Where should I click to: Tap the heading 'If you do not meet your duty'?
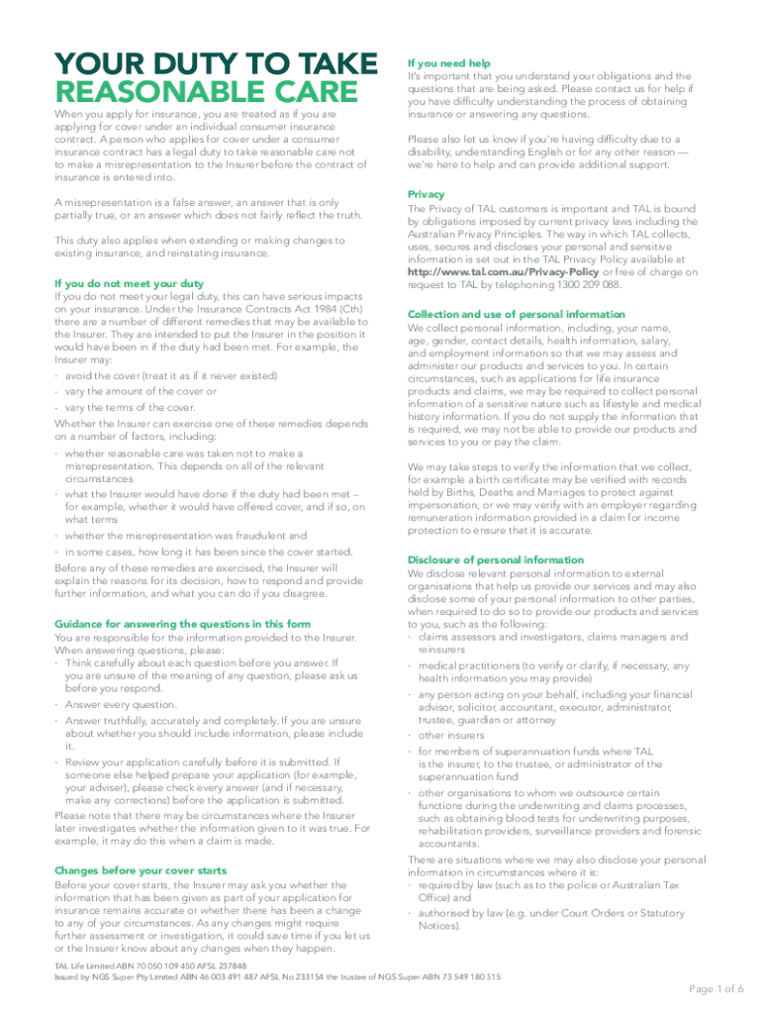(x=129, y=283)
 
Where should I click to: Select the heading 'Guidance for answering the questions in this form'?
(x=182, y=624)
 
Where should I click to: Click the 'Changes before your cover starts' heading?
(x=140, y=870)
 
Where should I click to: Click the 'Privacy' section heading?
(x=426, y=194)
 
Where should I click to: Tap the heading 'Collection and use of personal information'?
(x=516, y=314)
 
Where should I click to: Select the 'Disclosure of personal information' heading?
(x=495, y=559)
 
